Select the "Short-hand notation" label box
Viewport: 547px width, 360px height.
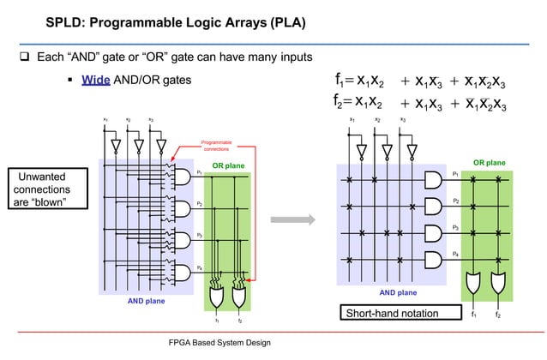click(390, 313)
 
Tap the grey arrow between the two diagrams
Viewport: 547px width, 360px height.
click(293, 221)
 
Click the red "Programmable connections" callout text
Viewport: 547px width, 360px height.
click(214, 145)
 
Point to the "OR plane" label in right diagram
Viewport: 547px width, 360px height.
click(489, 162)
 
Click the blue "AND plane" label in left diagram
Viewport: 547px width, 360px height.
click(147, 301)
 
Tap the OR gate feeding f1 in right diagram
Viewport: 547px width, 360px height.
click(472, 282)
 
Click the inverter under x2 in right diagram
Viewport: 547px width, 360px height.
click(387, 152)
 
